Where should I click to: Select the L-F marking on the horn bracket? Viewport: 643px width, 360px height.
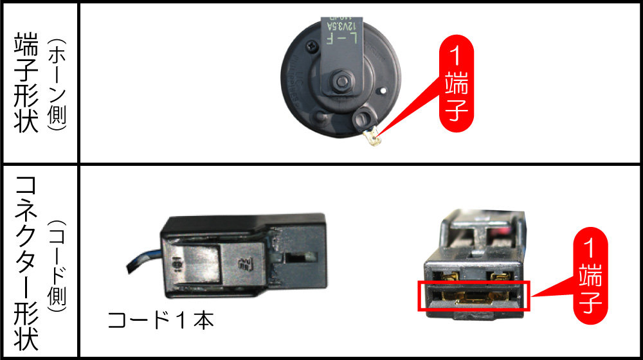[x=341, y=38]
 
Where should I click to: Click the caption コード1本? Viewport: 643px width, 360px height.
[x=160, y=319]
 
